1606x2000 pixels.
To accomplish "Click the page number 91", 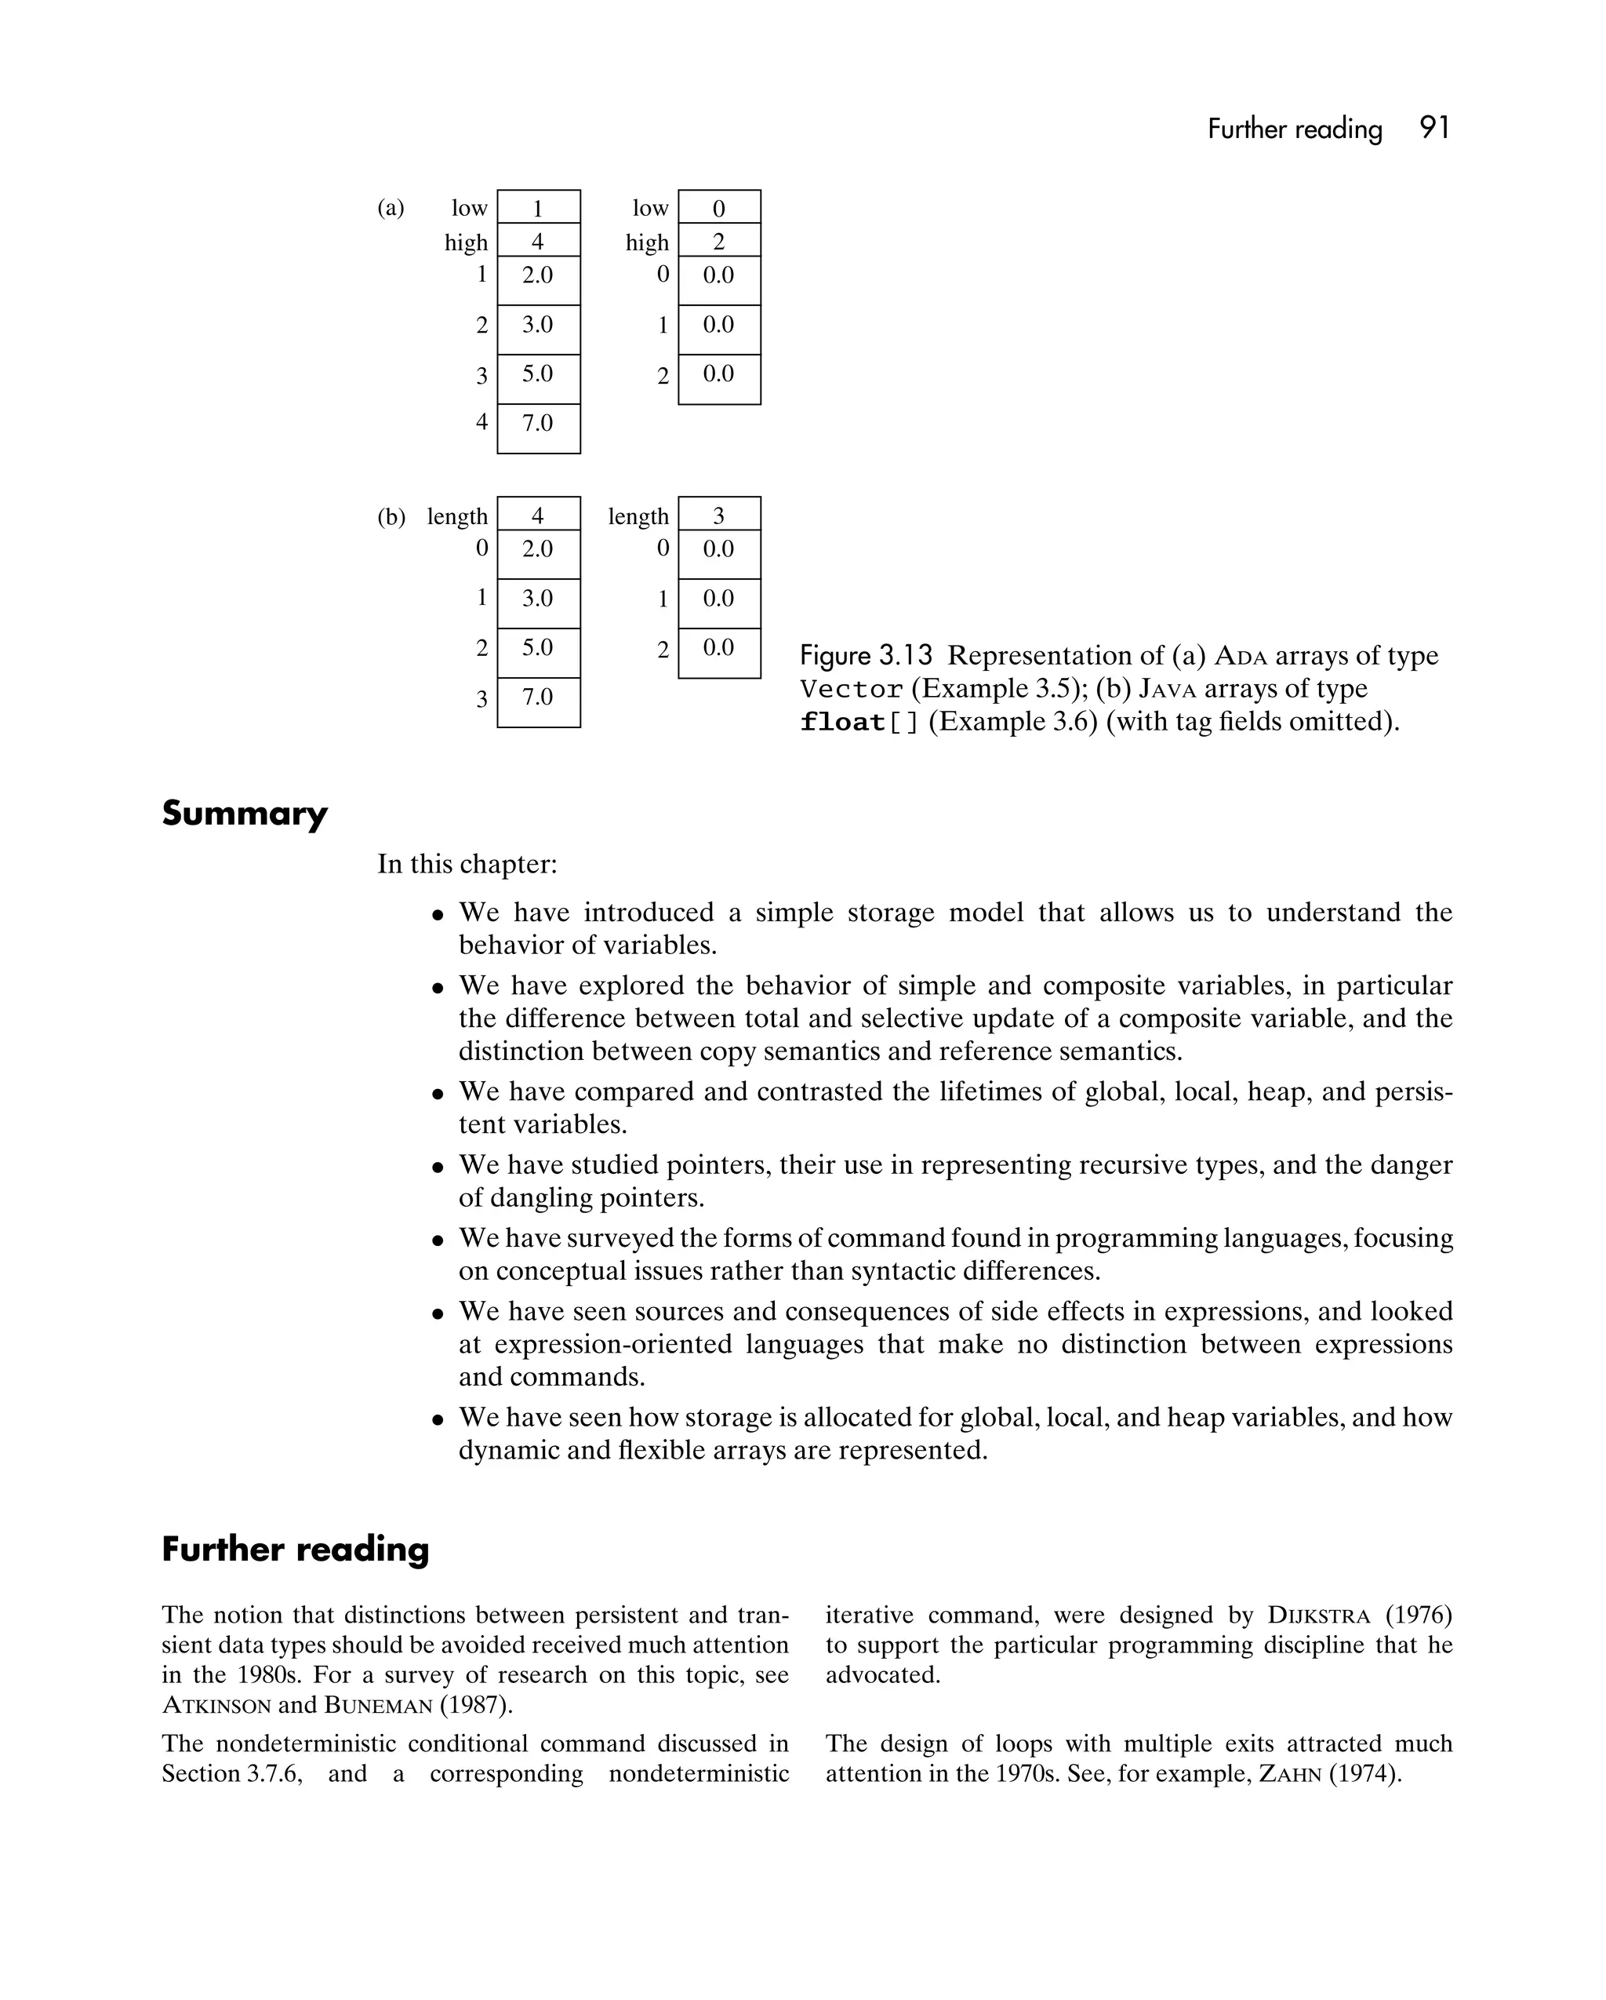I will [x=1433, y=128].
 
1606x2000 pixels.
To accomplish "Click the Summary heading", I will [x=245, y=814].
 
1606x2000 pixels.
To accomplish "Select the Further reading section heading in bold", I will [x=295, y=1549].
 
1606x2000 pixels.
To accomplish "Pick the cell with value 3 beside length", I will [x=718, y=515].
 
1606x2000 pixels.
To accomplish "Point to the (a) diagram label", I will [x=391, y=208].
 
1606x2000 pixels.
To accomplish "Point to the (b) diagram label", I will [x=391, y=517].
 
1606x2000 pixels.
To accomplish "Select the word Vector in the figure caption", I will [x=851, y=689].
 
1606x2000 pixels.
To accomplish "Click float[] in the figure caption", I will [x=859, y=723].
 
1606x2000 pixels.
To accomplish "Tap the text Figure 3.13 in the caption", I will [x=865, y=656].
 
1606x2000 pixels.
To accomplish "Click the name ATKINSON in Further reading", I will [x=216, y=1705].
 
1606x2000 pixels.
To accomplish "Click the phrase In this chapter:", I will [x=467, y=865].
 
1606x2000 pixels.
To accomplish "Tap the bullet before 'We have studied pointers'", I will [x=438, y=1168].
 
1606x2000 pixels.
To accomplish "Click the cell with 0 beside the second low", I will [x=718, y=208].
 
